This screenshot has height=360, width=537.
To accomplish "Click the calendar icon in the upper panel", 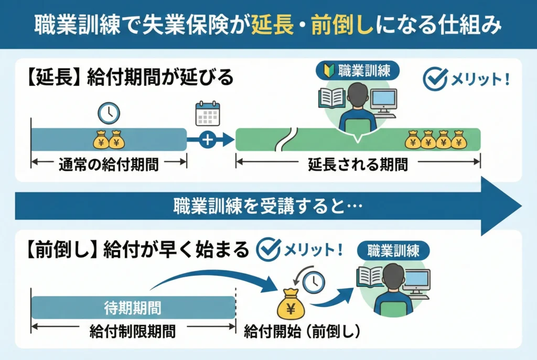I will point(208,113).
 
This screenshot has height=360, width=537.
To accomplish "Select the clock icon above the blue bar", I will point(109,113).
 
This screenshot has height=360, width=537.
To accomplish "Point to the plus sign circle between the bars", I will point(208,140).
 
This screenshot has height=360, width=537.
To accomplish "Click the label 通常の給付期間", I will point(109,163).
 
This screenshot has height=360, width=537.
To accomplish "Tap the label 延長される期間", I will point(358,163).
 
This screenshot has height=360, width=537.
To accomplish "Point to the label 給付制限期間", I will point(133,330).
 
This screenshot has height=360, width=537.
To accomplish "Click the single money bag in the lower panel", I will point(291,303).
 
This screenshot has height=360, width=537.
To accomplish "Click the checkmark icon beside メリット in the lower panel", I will point(267,249).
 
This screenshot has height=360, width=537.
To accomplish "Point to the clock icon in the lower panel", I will point(314,282).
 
